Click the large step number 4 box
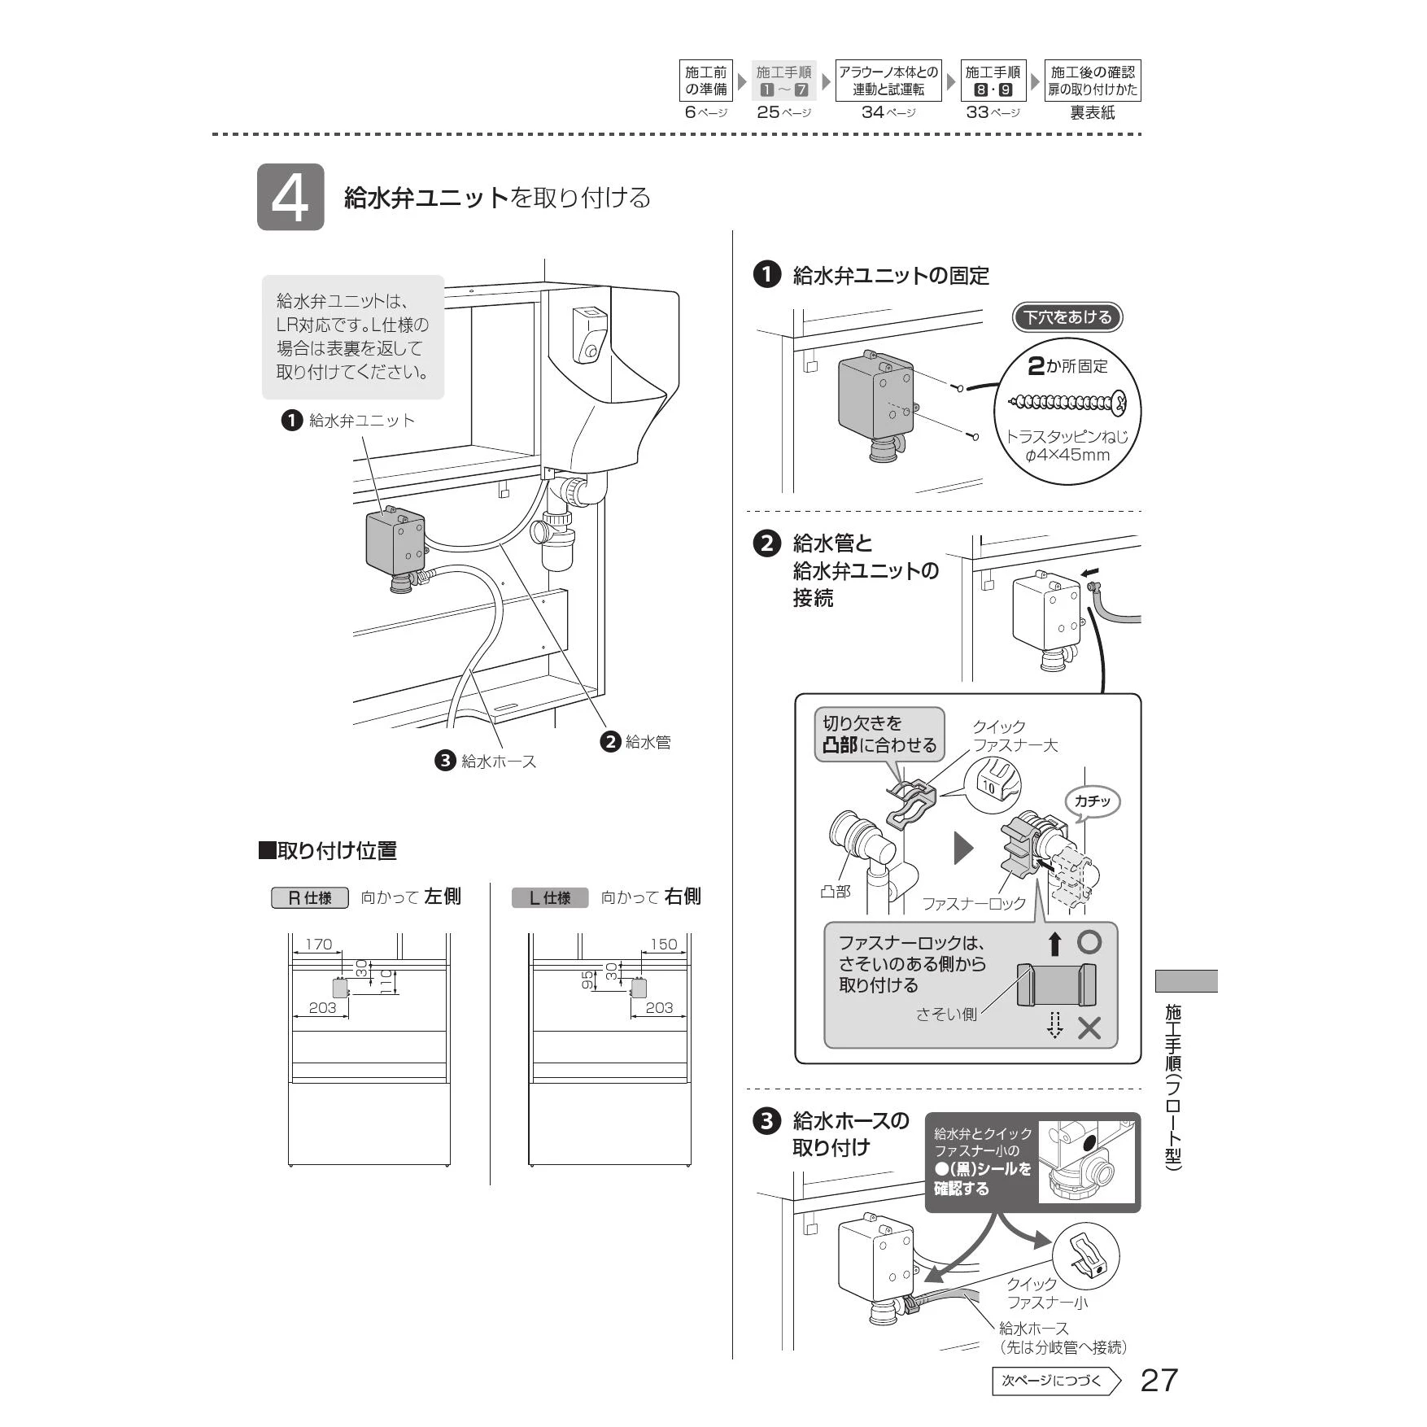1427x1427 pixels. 290,197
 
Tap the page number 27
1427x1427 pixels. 1159,1380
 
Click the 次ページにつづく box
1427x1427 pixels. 1056,1381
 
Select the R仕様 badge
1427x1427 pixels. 310,897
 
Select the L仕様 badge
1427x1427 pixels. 550,897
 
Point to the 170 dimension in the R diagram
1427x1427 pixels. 318,944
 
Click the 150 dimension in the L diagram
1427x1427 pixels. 663,944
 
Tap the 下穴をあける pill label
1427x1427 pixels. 1067,317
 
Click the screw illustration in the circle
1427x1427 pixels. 1067,402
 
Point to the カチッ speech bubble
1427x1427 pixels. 1092,802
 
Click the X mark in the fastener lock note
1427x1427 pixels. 1089,1028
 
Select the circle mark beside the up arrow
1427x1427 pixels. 1089,942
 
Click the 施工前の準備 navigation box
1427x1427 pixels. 705,81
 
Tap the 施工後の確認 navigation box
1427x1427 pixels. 1092,81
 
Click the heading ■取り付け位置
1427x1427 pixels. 327,851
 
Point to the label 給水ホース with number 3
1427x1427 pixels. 486,761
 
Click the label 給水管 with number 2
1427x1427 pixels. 635,741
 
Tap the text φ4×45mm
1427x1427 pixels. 1067,455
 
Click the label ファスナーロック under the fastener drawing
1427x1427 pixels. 974,903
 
